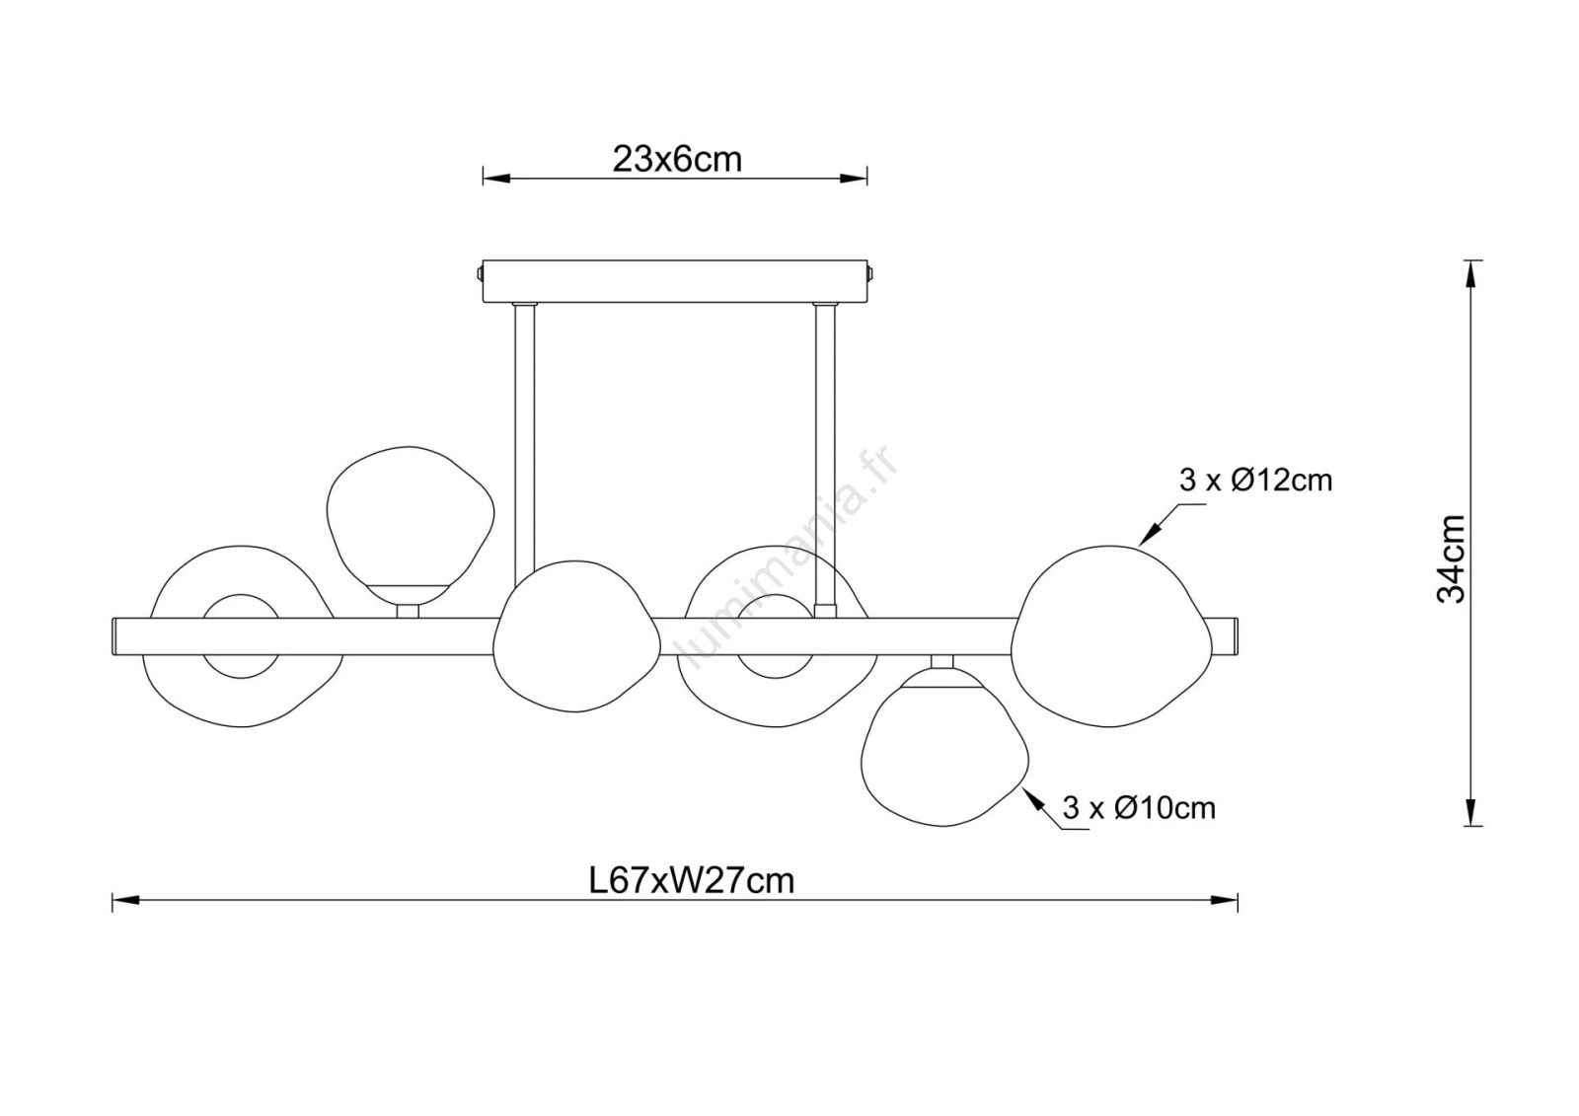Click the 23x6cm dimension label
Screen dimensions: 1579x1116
(677, 160)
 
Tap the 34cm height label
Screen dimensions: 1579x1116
(1450, 558)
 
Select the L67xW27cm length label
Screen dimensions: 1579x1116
(692, 880)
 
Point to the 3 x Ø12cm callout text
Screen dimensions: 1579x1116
(1255, 481)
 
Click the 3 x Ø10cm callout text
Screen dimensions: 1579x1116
(1139, 807)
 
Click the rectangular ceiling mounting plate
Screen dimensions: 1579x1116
(675, 281)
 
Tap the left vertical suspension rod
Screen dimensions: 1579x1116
(524, 444)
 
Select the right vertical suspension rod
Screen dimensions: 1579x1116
(824, 458)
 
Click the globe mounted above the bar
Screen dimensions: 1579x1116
(411, 525)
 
